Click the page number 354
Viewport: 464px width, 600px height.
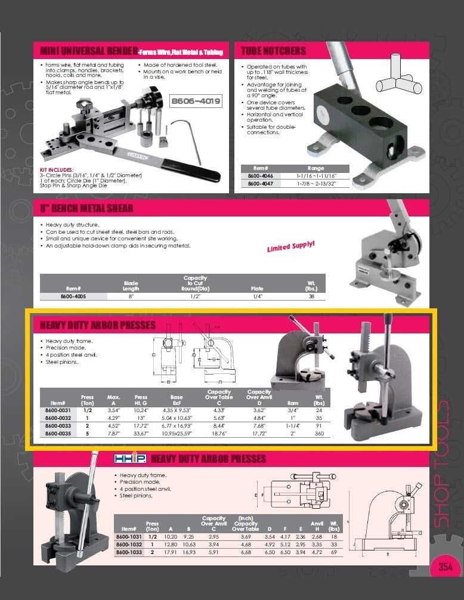(x=446, y=567)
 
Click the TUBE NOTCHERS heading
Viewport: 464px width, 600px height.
(x=274, y=51)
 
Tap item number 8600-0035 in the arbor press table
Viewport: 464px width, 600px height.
(x=58, y=435)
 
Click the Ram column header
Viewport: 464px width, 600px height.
(x=293, y=404)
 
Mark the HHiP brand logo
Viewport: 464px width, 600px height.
(x=130, y=460)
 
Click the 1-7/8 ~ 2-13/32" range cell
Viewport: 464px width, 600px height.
(x=315, y=184)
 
